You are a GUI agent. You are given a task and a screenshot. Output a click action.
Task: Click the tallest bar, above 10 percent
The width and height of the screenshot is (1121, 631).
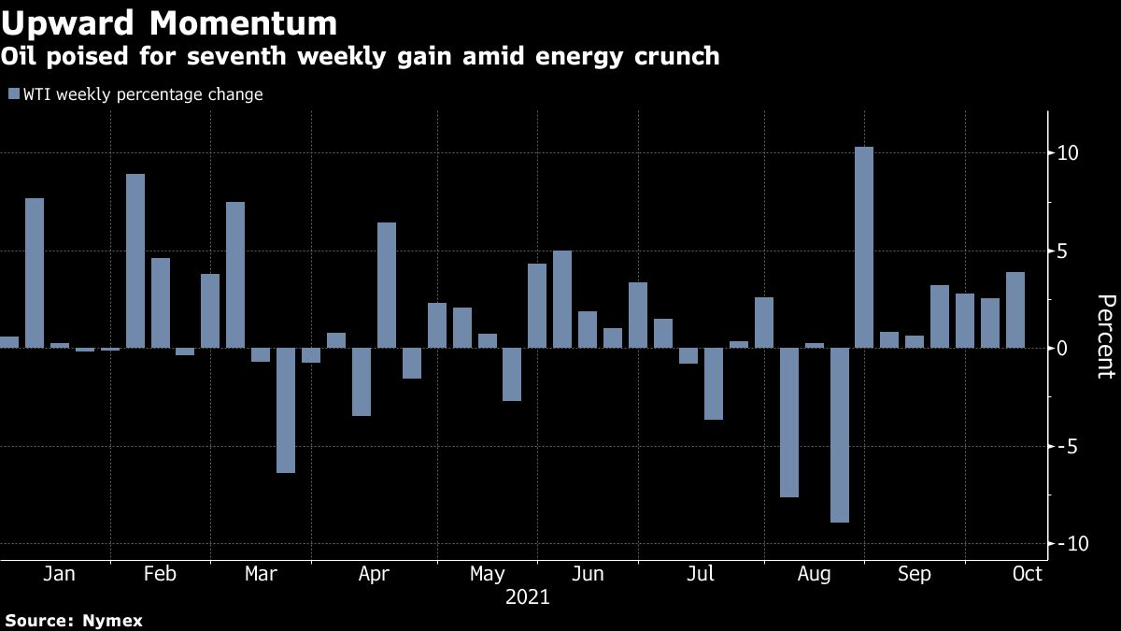(864, 247)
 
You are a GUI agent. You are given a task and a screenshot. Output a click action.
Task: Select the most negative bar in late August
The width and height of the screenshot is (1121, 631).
(839, 435)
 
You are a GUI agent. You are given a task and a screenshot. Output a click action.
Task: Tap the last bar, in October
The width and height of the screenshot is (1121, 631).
(1015, 309)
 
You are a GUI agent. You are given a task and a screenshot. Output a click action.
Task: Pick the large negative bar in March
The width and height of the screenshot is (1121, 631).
(286, 409)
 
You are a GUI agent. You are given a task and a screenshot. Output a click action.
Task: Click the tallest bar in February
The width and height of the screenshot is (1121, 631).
(135, 261)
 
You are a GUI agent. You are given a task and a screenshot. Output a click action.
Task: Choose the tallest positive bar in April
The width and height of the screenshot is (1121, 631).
(387, 284)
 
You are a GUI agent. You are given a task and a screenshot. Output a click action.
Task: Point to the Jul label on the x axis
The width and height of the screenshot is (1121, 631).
(701, 574)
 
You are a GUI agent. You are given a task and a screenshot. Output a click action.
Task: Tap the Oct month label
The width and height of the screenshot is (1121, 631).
(1027, 574)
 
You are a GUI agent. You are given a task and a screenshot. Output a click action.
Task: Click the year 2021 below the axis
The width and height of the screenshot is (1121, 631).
(528, 596)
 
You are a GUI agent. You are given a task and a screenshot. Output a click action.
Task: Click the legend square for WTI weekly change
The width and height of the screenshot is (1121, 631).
(13, 94)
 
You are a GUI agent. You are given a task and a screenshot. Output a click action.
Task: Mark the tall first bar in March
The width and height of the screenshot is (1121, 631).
(235, 274)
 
